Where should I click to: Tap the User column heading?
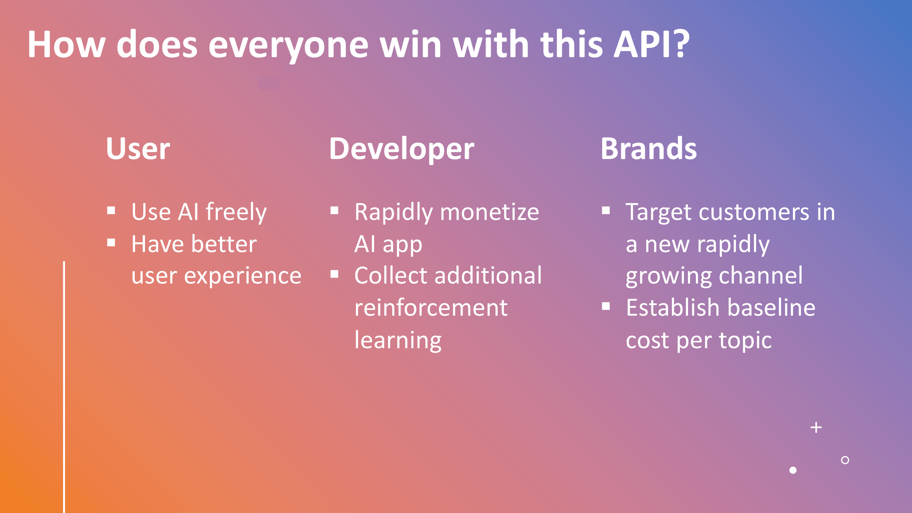pos(138,149)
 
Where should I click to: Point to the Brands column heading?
pos(649,149)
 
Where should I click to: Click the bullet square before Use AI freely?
pos(111,211)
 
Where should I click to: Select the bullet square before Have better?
pos(111,242)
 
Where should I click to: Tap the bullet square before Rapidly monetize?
pos(334,211)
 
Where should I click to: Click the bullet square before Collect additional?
pos(334,274)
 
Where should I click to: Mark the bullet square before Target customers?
pos(606,211)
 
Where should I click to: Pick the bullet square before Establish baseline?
pos(606,306)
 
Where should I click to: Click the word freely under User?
pos(236,212)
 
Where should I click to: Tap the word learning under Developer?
pos(398,340)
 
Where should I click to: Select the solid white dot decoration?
pos(793,470)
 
